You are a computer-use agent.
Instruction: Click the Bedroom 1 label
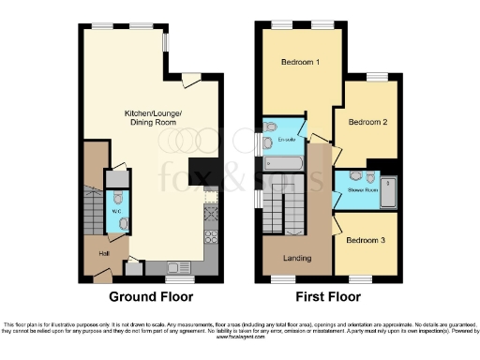pyautogui.click(x=300, y=63)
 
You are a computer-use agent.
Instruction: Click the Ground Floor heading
pyautogui.click(x=152, y=297)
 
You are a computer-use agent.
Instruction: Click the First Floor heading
pyautogui.click(x=327, y=297)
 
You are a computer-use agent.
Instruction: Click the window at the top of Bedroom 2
pyautogui.click(x=376, y=77)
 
